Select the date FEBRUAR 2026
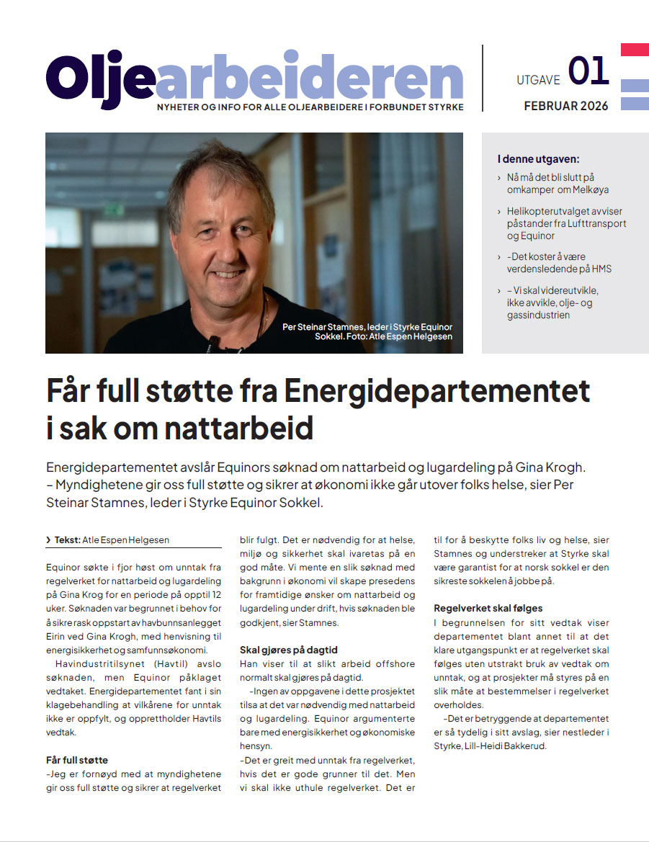pos(565,106)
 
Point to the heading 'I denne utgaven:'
pos(538,159)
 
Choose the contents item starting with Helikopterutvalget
pos(566,223)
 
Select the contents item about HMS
pos(559,262)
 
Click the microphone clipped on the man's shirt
pos(211,339)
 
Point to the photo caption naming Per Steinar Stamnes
pos(367,331)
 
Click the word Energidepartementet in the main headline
pos(437,392)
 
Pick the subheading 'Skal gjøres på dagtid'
pos(288,650)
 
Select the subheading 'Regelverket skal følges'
pos(488,609)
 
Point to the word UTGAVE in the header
pos(538,80)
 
